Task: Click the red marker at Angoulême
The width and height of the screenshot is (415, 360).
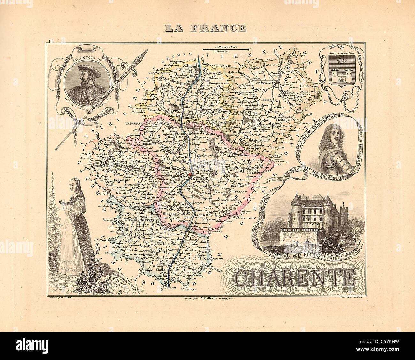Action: pyautogui.click(x=190, y=175)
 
